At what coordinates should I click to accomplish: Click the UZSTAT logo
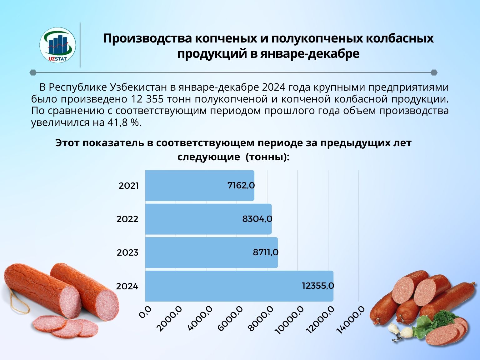[x=57, y=45]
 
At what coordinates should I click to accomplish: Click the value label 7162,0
[x=241, y=186]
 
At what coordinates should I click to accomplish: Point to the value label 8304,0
[x=257, y=219]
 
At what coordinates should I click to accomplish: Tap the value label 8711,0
[x=266, y=252]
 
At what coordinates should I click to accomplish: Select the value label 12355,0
[x=318, y=286]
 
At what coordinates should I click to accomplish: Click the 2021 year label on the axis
[x=128, y=186]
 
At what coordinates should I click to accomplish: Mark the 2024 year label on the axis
[x=127, y=286]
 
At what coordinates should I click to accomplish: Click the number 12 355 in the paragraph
[x=146, y=99]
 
